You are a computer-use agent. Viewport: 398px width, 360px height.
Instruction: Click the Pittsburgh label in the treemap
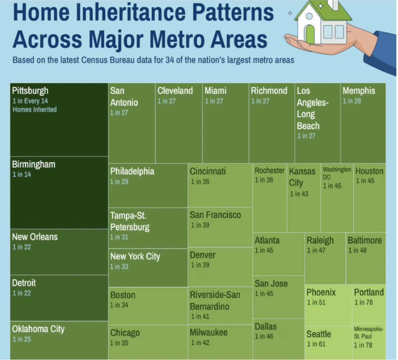pos(30,91)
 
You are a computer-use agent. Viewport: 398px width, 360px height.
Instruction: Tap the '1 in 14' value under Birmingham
pos(22,175)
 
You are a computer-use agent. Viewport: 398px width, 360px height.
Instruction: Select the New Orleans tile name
pos(35,237)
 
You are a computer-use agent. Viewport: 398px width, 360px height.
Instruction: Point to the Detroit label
pos(24,283)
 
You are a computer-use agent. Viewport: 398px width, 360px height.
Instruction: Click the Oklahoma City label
pos(38,329)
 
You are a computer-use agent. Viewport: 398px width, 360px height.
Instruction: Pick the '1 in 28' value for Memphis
pos(352,101)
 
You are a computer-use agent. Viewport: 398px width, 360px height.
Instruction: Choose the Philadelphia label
pos(132,171)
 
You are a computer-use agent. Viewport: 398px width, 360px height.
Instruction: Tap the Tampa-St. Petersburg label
pos(130,221)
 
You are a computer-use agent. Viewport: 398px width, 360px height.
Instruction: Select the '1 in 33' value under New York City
pos(119,267)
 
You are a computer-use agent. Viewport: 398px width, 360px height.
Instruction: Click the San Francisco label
pos(215,215)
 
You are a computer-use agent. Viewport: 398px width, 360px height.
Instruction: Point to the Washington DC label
pos(336,173)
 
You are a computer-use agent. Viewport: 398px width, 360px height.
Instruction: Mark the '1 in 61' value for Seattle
pos(316,344)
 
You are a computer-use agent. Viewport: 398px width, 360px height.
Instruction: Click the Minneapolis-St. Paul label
pos(368,332)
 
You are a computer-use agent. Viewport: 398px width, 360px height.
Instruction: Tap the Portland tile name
pos(369,292)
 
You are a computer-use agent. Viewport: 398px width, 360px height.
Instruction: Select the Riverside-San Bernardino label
pos(215,301)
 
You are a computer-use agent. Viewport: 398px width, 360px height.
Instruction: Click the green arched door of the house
pos(310,34)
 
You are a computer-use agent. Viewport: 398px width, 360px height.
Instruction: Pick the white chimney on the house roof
pos(333,5)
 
